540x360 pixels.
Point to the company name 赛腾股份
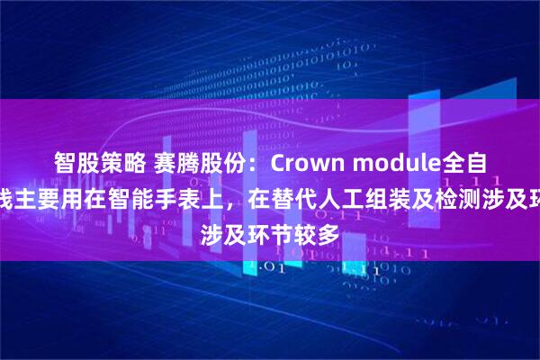[185, 163]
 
